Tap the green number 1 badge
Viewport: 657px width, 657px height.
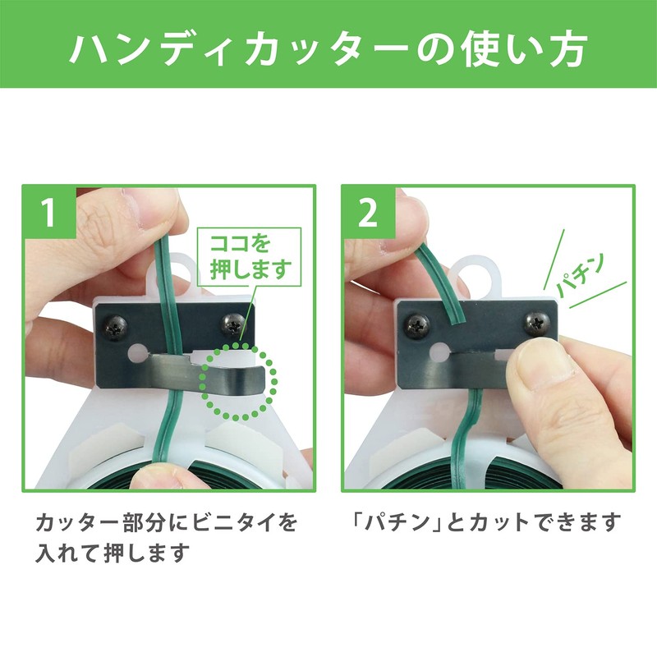click(49, 213)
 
